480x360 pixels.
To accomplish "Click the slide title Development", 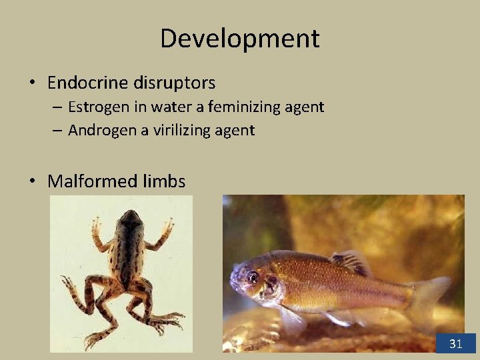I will (x=239, y=39).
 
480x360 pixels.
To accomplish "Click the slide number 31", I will (x=456, y=344).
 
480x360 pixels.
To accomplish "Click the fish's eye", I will (x=253, y=276).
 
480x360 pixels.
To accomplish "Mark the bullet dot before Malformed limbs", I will (x=32, y=181).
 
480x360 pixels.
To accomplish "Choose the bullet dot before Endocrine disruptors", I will (x=32, y=83).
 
